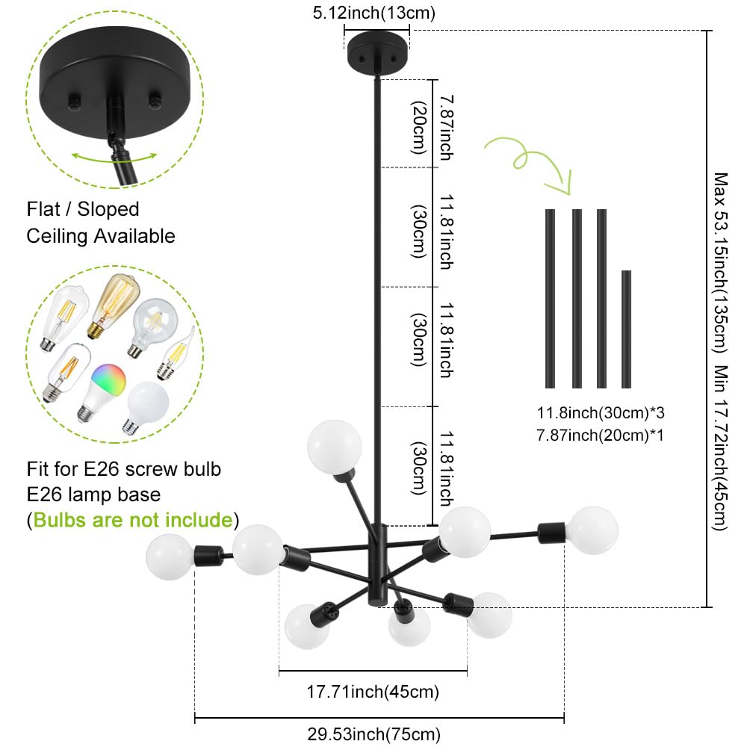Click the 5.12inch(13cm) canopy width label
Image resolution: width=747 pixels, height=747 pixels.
tap(374, 13)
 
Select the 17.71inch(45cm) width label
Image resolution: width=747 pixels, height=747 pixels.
tap(373, 691)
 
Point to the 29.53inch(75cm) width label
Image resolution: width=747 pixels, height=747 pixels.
tap(374, 734)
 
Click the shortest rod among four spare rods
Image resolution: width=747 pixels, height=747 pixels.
tap(626, 329)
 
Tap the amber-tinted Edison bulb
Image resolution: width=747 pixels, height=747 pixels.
tap(114, 306)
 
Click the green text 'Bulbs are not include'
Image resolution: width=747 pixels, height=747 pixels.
tap(133, 520)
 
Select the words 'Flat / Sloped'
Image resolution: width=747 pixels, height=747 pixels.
tap(83, 209)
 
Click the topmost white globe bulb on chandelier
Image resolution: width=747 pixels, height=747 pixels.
tap(334, 447)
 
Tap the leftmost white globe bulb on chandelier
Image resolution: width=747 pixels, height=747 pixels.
tap(170, 557)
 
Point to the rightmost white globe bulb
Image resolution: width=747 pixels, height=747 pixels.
tap(593, 530)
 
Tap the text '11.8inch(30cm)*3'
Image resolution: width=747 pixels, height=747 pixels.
tap(601, 412)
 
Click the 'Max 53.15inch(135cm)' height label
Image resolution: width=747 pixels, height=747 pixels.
tap(720, 262)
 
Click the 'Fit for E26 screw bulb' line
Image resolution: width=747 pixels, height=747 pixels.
tap(124, 469)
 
